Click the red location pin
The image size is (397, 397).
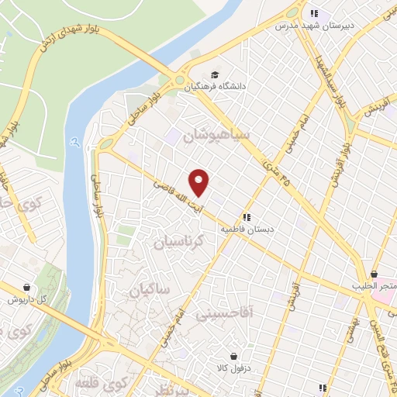point(199,181)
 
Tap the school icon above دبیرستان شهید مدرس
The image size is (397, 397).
point(314,12)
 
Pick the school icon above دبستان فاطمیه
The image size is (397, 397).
point(247,218)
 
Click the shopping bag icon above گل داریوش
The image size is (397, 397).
point(28,287)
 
